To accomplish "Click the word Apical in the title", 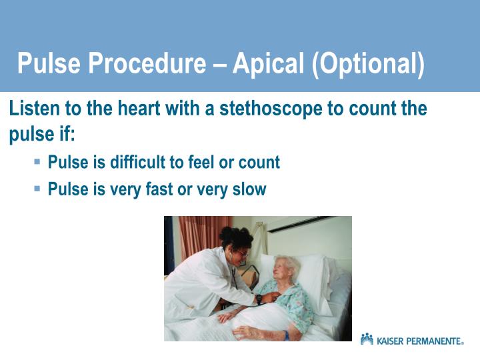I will point(270,64).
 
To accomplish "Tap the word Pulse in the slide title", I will point(47,64).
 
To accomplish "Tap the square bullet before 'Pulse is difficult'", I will point(37,161).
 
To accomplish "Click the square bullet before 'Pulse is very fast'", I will point(37,189).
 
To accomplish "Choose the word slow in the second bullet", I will point(249,189).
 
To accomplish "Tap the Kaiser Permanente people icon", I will point(367,339).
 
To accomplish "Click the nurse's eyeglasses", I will point(243,253).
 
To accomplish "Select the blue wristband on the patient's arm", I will point(287,335).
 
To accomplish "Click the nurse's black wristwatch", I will point(259,299).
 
